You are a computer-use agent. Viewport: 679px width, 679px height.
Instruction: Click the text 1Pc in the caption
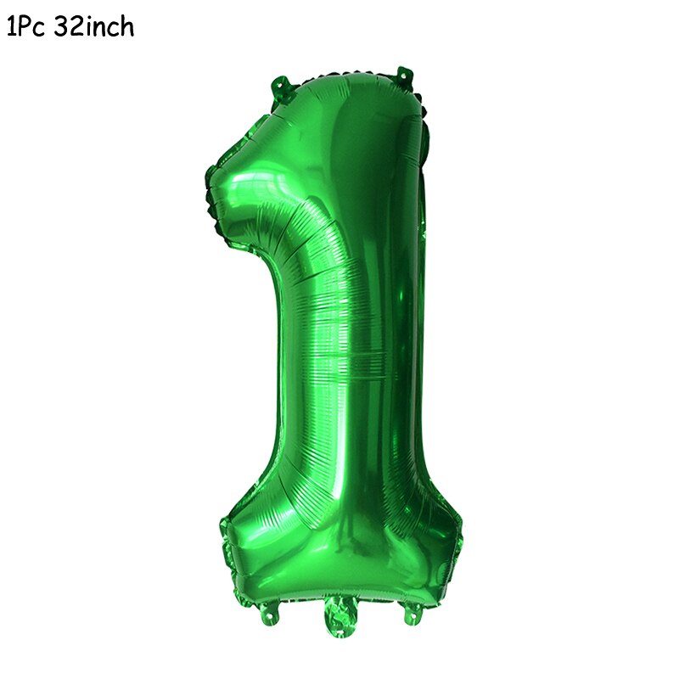click(x=26, y=27)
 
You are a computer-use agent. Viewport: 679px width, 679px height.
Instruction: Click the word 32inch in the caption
click(x=94, y=27)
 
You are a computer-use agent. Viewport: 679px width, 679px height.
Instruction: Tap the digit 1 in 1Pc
click(x=11, y=27)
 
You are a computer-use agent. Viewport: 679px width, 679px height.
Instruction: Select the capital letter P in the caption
click(x=25, y=27)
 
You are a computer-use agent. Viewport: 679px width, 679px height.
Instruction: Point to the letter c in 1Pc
click(x=40, y=30)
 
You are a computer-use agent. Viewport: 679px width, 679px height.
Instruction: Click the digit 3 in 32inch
click(x=61, y=27)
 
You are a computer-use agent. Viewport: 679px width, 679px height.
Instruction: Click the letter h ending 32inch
click(x=126, y=27)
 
